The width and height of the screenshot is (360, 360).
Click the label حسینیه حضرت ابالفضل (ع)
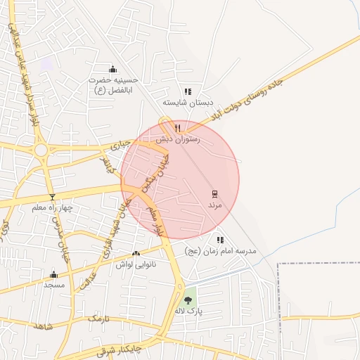coord(114,85)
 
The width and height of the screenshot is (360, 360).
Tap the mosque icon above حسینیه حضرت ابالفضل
coord(113,69)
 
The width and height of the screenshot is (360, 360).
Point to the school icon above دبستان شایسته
coord(187,91)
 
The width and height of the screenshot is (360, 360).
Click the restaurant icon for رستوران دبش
coord(178,128)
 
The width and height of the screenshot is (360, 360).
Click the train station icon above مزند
coord(214,193)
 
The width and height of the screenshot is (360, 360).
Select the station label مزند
coord(214,205)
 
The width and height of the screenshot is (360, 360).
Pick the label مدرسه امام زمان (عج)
coord(220,251)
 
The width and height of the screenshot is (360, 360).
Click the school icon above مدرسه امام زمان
coord(220,240)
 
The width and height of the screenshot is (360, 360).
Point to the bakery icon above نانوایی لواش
coord(136,253)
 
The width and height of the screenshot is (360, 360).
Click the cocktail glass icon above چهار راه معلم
coord(51,197)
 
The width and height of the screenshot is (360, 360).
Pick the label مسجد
coord(53,285)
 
